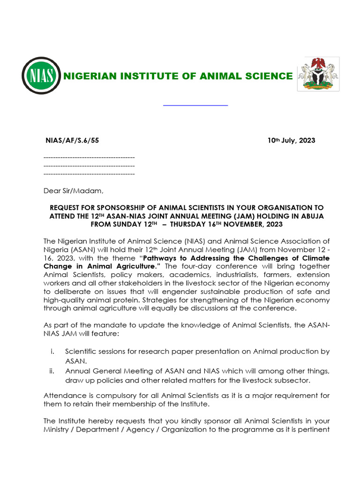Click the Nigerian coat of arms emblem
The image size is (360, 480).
click(x=318, y=74)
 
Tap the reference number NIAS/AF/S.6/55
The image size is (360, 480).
click(x=72, y=140)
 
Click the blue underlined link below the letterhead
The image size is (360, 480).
click(x=195, y=105)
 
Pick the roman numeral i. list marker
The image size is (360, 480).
click(x=52, y=352)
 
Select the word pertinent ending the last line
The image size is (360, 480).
click(x=314, y=429)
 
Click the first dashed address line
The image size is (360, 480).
click(x=89, y=157)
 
